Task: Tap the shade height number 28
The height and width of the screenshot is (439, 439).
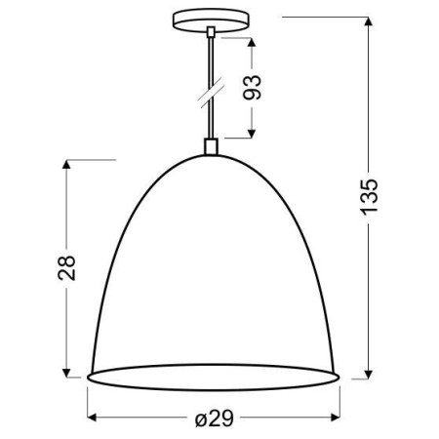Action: [66, 269]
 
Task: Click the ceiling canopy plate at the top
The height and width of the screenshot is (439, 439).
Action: [210, 20]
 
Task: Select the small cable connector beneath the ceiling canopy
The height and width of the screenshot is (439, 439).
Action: [210, 34]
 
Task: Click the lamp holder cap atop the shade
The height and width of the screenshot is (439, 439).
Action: [210, 148]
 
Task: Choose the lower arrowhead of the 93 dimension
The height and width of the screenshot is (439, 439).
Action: [253, 134]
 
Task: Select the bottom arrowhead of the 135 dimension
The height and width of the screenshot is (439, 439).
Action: [370, 374]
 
